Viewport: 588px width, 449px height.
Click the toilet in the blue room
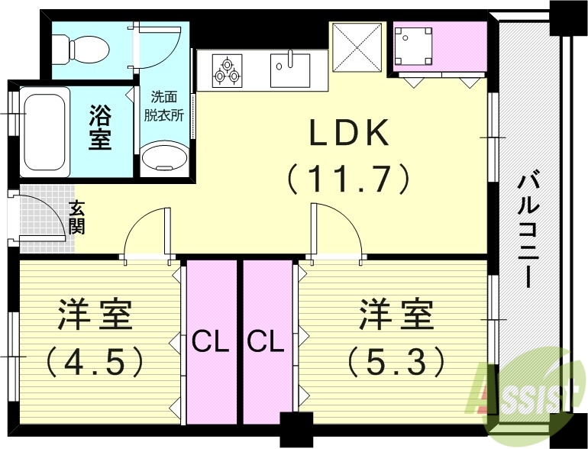point(88,49)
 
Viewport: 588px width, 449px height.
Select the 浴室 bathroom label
point(100,128)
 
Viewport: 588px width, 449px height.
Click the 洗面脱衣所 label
point(164,107)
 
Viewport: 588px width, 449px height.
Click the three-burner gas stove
point(227,69)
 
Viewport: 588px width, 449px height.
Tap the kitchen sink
point(291,69)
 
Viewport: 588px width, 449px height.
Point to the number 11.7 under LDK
point(349,179)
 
